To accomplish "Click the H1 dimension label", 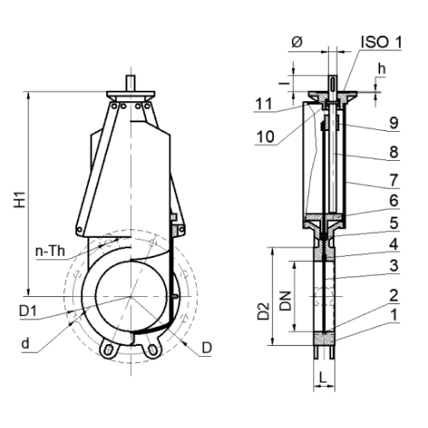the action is [x=21, y=199].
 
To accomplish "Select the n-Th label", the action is [x=51, y=251].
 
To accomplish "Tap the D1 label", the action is [x=28, y=311].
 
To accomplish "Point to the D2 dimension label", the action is [x=264, y=311].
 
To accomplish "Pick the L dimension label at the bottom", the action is [x=323, y=378].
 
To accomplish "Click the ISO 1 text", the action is [x=381, y=42].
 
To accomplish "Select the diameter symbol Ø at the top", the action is [x=297, y=43].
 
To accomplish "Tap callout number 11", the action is [x=264, y=104].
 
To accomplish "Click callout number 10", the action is [x=265, y=137].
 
